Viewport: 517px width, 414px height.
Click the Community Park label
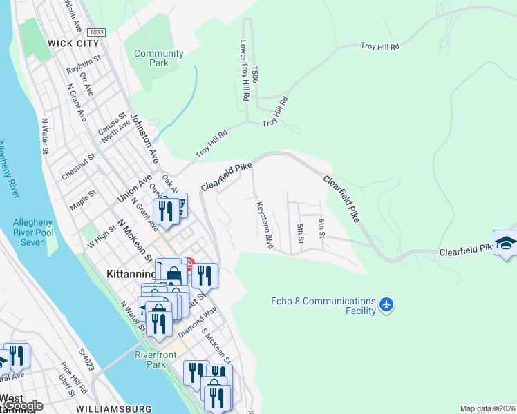click(159, 58)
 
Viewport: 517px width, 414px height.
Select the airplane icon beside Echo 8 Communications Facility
click(386, 304)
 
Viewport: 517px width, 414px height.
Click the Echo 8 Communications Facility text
click(323, 306)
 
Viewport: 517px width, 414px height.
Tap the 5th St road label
click(301, 233)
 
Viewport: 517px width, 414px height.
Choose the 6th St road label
click(322, 228)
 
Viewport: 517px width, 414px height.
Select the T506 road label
click(255, 75)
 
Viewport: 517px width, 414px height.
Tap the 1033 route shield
click(97, 32)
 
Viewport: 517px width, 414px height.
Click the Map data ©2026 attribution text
click(487, 408)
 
